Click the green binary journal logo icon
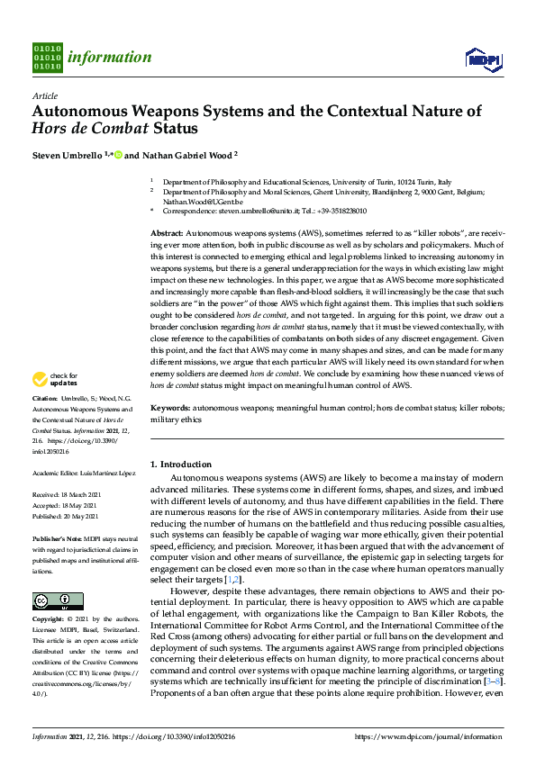point(48,57)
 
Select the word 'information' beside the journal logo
point(110,58)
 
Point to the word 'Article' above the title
point(44,95)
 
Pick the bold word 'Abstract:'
point(168,233)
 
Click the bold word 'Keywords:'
point(170,408)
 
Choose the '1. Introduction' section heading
point(181,465)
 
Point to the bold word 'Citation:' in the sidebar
point(45,422)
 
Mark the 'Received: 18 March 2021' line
point(70,495)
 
